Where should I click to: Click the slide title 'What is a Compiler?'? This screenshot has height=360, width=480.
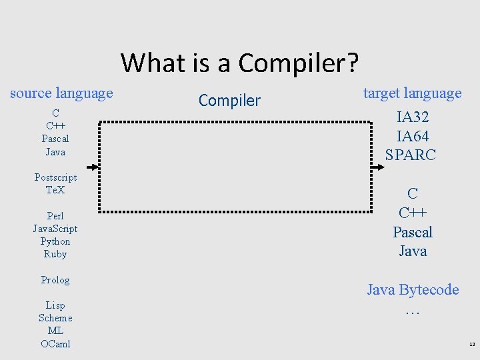pos(239,63)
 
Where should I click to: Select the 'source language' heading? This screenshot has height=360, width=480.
pos(61,93)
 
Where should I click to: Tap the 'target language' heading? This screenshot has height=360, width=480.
pos(412,93)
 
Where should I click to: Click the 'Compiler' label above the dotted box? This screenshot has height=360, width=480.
pos(229,101)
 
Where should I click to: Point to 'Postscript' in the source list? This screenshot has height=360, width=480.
pos(55,177)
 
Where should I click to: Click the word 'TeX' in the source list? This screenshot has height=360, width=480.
pos(55,190)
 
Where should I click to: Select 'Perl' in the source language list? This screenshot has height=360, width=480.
pos(55,216)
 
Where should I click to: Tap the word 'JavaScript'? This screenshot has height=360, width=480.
pos(55,229)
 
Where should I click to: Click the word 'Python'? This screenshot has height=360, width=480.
pos(55,241)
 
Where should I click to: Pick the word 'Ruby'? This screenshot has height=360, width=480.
pos(55,254)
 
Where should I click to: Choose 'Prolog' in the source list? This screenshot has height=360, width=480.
pos(55,280)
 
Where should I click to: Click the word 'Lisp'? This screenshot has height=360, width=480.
pos(55,305)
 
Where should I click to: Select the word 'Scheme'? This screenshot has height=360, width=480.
pos(55,318)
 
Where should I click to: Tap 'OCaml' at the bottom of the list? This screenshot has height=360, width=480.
pos(55,344)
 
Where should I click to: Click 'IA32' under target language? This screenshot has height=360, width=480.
pos(413,117)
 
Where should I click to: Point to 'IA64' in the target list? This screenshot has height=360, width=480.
pos(413,137)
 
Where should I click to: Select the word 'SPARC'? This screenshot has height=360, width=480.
pos(411,155)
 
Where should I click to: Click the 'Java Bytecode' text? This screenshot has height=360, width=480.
pos(413,290)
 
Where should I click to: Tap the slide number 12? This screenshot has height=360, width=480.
pos(472,345)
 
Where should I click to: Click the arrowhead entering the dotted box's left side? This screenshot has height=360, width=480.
pos(95,167)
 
